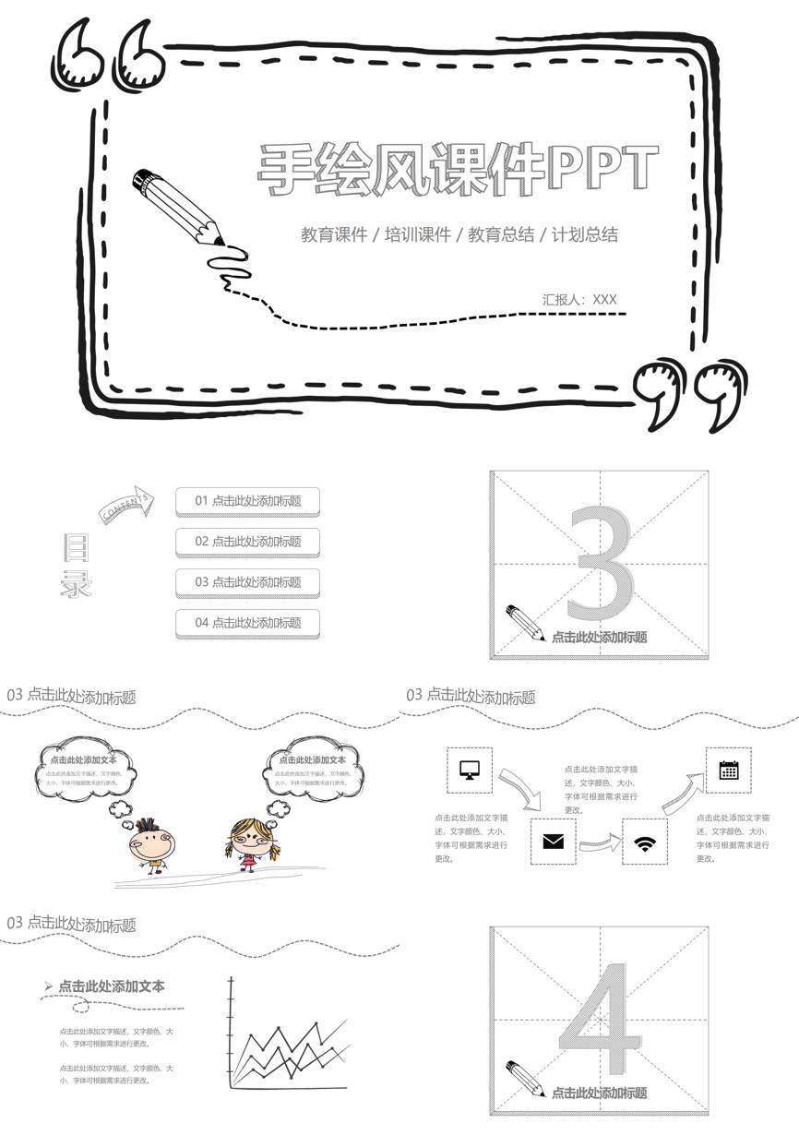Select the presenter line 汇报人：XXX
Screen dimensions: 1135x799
click(579, 299)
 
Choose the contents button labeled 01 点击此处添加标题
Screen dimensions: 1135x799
click(247, 501)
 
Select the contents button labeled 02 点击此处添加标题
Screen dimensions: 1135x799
click(247, 542)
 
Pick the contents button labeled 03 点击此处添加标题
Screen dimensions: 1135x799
click(247, 582)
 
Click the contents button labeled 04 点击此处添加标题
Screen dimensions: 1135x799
click(247, 623)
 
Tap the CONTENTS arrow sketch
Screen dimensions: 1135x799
click(127, 504)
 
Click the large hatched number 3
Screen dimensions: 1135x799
click(601, 565)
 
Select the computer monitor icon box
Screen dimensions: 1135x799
click(470, 770)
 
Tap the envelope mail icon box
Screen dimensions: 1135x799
click(553, 841)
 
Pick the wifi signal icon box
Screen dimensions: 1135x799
click(644, 841)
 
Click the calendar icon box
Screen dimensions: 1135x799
click(728, 770)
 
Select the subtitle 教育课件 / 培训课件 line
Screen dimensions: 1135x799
click(459, 234)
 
